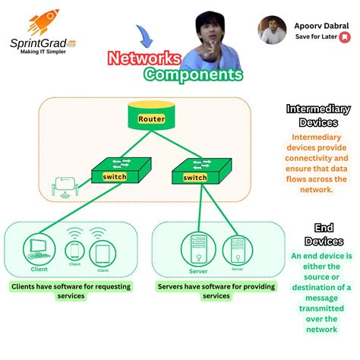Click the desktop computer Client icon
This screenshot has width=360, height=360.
(x=39, y=248)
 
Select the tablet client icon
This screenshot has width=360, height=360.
(x=101, y=252)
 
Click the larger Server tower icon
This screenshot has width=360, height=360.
(x=197, y=249)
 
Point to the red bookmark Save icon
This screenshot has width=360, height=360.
(x=344, y=36)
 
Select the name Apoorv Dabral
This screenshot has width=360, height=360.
(x=322, y=25)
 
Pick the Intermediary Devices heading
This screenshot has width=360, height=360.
(x=318, y=115)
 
